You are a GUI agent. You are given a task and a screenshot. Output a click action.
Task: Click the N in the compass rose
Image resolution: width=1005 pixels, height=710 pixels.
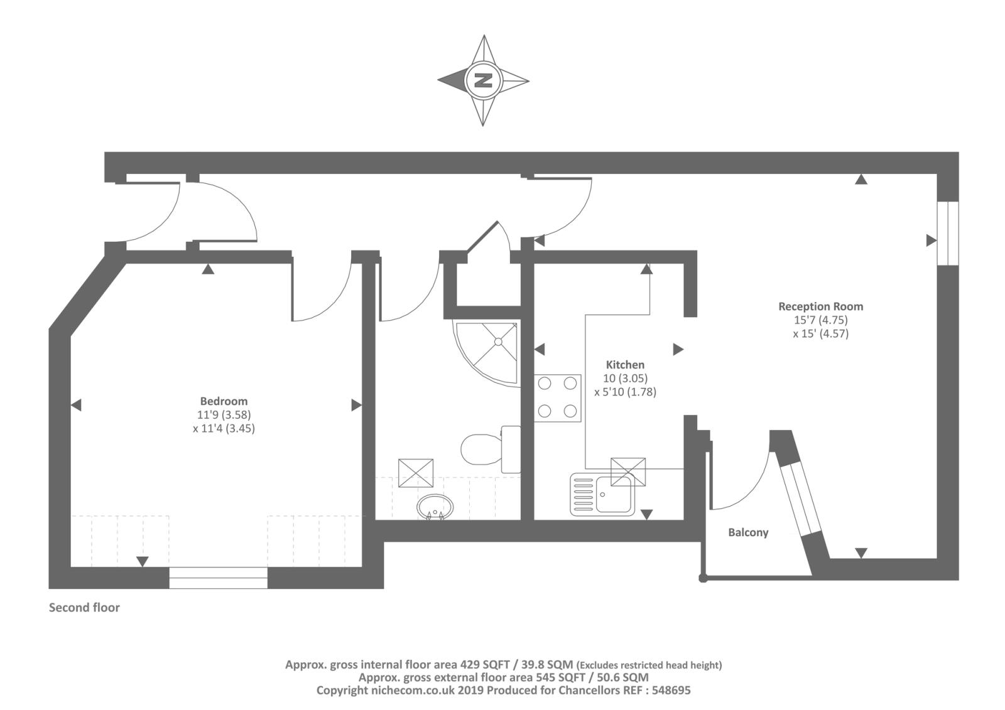(483, 81)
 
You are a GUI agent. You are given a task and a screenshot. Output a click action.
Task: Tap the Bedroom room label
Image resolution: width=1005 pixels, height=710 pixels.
(224, 401)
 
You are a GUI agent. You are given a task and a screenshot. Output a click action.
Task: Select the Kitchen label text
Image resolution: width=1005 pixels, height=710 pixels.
(625, 365)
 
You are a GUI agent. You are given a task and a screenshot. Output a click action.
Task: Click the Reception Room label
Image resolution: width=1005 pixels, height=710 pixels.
(820, 306)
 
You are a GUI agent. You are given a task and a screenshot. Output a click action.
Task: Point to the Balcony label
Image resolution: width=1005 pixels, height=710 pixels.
(748, 532)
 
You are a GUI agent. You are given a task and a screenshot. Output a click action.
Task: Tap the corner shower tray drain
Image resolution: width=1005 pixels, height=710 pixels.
(498, 342)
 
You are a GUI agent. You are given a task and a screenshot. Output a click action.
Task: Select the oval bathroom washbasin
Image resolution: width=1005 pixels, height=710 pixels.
(435, 507)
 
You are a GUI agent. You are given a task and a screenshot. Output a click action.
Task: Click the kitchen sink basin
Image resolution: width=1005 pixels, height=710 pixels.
(614, 494)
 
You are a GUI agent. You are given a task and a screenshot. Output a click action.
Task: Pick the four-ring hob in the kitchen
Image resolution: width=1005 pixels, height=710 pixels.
(557, 398)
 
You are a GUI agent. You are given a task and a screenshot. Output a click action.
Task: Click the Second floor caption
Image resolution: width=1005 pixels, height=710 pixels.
(84, 607)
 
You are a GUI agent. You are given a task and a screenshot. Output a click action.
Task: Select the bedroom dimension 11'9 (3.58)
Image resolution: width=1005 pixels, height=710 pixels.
(224, 414)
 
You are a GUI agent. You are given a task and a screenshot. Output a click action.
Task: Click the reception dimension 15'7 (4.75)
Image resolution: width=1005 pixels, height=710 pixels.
(820, 320)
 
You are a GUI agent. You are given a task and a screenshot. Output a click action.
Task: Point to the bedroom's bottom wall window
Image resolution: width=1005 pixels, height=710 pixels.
(219, 578)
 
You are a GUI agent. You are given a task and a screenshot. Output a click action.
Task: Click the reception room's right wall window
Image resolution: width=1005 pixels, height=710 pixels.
(948, 234)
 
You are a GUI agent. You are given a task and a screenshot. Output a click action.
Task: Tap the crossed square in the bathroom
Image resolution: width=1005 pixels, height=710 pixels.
(416, 473)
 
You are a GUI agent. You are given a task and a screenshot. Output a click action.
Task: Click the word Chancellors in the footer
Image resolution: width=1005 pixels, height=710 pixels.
(589, 690)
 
